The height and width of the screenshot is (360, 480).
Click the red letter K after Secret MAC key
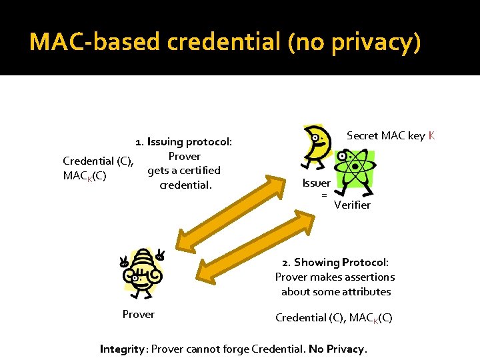432,136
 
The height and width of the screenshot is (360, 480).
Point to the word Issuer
316,183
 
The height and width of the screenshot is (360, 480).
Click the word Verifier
352,205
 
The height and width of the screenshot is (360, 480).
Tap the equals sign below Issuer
324,195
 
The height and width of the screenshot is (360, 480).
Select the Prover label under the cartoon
139,315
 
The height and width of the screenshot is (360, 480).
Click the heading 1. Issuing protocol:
183,142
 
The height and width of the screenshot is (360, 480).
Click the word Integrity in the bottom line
123,349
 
